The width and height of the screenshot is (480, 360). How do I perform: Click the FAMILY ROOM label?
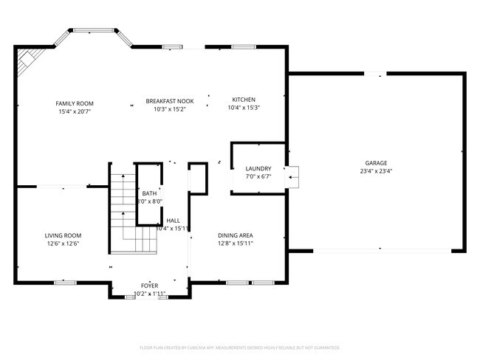pyautogui.click(x=75, y=103)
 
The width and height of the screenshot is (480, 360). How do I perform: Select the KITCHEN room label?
pyautogui.click(x=244, y=100)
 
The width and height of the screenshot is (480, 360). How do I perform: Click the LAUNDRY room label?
pyautogui.click(x=258, y=169)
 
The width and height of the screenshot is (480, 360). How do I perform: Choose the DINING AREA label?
pyautogui.click(x=236, y=236)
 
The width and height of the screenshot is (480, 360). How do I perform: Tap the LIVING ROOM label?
pyautogui.click(x=63, y=236)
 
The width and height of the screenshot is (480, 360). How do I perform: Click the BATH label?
pyautogui.click(x=150, y=193)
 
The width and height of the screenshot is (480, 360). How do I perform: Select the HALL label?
pyautogui.click(x=173, y=221)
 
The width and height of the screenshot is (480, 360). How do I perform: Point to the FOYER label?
pyautogui.click(x=150, y=285)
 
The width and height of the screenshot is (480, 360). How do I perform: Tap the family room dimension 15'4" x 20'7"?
pyautogui.click(x=75, y=111)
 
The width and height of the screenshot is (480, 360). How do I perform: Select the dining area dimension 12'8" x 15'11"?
pyautogui.click(x=236, y=243)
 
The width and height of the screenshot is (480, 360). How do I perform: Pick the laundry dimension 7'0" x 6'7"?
pyautogui.click(x=258, y=176)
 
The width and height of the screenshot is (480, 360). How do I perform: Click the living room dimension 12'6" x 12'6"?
pyautogui.click(x=63, y=243)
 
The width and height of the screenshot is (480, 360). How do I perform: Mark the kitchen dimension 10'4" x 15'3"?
pyautogui.click(x=244, y=108)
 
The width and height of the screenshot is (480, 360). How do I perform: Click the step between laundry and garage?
pyautogui.click(x=294, y=174)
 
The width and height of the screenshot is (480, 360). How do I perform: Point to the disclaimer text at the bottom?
pyautogui.click(x=239, y=347)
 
